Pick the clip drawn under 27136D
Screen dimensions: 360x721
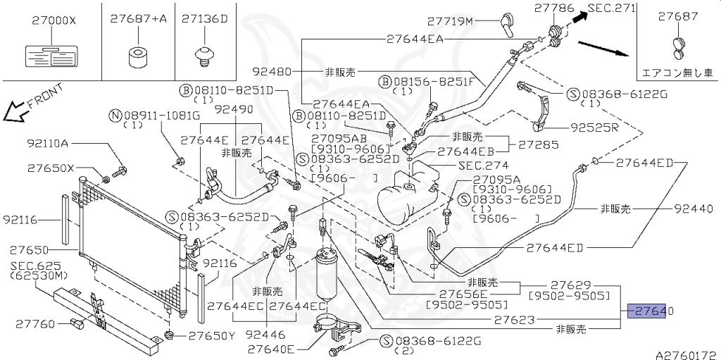click(x=205, y=54)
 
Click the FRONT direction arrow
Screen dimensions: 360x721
click(x=13, y=110)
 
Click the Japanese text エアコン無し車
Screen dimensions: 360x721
click(x=677, y=73)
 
